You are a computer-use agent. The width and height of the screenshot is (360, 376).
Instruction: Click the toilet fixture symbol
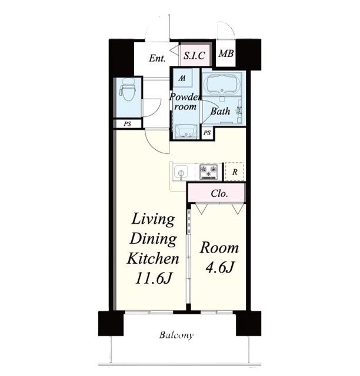click(x=128, y=90)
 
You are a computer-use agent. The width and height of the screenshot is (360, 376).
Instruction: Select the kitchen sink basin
click(x=181, y=172)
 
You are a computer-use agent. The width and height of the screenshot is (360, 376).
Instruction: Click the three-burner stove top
click(x=209, y=172)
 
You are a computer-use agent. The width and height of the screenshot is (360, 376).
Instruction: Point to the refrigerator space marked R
click(x=235, y=172)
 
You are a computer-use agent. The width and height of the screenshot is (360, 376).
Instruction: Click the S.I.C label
click(x=194, y=56)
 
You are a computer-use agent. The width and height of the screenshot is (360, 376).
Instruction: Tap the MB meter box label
click(x=226, y=53)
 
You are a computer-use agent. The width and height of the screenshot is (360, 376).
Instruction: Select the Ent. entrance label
click(x=157, y=58)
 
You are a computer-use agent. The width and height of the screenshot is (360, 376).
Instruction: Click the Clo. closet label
click(x=219, y=193)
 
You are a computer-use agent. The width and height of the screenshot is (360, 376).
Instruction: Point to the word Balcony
click(x=176, y=335)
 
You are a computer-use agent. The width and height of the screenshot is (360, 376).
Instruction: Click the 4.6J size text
click(x=220, y=267)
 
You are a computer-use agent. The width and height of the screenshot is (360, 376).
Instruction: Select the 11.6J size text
click(x=153, y=278)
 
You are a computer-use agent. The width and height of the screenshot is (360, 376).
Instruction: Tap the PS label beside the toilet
click(x=128, y=124)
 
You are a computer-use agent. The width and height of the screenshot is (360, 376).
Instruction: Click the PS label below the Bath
click(x=207, y=133)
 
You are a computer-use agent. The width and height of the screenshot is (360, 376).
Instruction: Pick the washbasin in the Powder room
click(x=186, y=132)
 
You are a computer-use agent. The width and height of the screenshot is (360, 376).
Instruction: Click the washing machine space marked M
click(x=182, y=78)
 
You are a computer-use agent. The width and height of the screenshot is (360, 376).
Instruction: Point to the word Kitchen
click(x=153, y=258)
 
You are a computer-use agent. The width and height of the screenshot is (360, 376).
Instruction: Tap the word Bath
click(x=220, y=111)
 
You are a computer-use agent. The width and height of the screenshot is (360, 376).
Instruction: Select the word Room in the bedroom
click(x=219, y=248)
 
